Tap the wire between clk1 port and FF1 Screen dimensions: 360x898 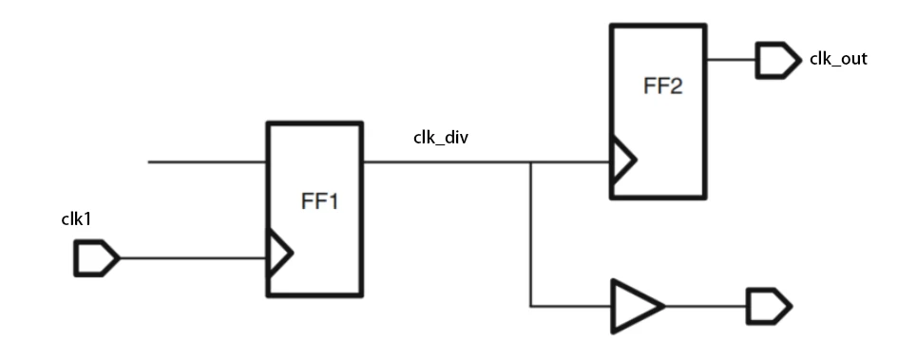pos(190,257)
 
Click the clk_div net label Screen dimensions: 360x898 pos(443,138)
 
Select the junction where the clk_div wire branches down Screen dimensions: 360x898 pos(530,161)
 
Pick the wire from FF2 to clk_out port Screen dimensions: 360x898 pos(731,61)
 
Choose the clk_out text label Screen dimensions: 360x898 pos(837,59)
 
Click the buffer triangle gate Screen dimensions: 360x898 pos(635,306)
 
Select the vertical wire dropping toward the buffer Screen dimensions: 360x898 pos(530,237)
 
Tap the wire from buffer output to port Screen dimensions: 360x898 pos(704,306)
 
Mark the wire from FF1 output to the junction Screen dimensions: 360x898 pos(447,161)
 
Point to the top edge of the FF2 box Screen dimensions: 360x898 pos(658,26)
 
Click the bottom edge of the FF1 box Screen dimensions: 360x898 pos(314,296)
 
